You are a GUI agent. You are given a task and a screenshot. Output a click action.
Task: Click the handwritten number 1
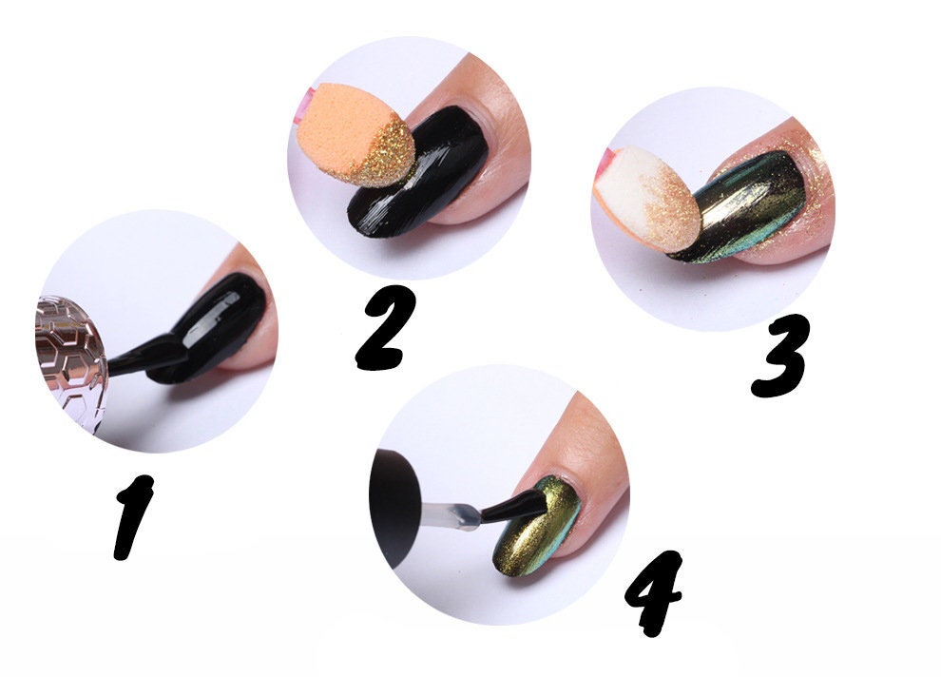click(132, 515)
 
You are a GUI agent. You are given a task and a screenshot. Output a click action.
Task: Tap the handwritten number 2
click(384, 327)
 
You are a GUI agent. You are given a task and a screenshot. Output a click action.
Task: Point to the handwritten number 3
click(781, 356)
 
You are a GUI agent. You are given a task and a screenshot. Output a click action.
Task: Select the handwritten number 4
click(653, 592)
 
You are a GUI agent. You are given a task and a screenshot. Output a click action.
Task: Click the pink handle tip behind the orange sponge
click(307, 100)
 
